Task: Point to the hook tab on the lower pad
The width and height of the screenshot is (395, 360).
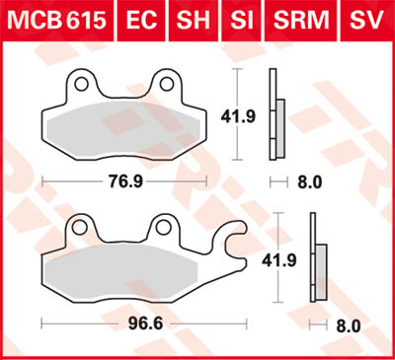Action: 234,241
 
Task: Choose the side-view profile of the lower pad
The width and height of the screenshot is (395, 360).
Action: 318,261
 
